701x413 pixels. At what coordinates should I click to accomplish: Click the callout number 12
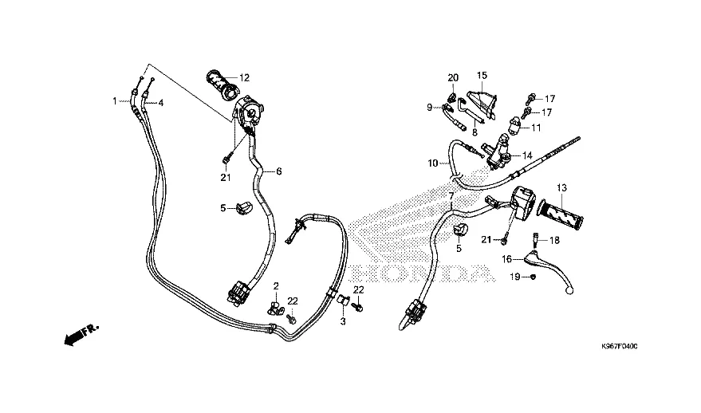tap(244, 78)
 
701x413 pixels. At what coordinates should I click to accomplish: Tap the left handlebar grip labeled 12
tap(222, 85)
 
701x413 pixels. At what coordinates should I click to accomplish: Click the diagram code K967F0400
tap(619, 346)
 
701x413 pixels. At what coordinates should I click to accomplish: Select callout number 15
tap(482, 75)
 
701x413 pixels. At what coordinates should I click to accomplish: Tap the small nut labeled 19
tap(533, 277)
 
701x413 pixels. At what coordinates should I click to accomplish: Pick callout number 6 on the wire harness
tap(279, 171)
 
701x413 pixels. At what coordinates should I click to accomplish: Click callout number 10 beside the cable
tap(433, 163)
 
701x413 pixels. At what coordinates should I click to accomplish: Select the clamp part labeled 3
tap(343, 299)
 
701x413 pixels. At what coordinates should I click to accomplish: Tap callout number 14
tap(527, 155)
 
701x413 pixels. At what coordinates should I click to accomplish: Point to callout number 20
tap(453, 78)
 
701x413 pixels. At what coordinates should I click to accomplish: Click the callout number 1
tap(115, 101)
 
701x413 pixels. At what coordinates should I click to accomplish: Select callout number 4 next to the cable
tap(161, 104)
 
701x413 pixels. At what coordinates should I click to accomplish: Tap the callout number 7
tap(451, 196)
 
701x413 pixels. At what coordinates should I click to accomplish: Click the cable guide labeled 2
tap(275, 308)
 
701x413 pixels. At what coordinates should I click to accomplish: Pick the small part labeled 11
tap(515, 124)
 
